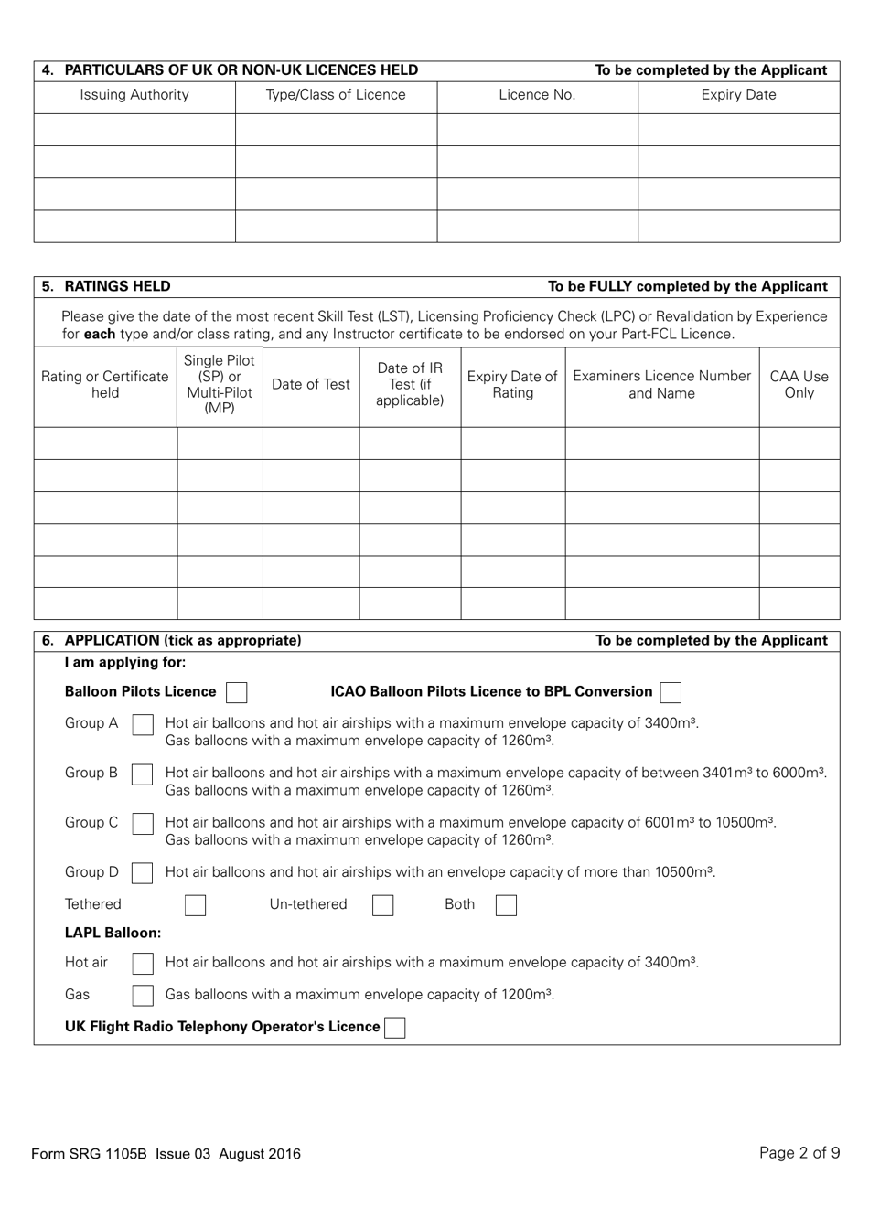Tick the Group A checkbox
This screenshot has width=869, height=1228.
[143, 725]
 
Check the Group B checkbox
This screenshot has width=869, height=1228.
[143, 774]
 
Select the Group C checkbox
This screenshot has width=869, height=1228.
[143, 824]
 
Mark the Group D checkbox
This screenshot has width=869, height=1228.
[143, 873]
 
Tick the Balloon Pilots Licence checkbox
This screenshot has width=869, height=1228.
[237, 693]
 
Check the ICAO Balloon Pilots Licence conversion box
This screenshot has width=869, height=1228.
[671, 693]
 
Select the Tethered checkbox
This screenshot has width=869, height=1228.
[195, 906]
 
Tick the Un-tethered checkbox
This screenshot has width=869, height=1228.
[383, 906]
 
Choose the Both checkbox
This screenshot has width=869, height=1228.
[506, 906]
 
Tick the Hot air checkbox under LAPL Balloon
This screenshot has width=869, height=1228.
[143, 964]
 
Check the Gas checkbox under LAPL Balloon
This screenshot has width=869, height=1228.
[143, 996]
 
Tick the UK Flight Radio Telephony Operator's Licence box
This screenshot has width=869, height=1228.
[395, 1028]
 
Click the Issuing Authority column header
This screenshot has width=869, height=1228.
[134, 95]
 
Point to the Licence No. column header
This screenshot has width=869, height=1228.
[537, 95]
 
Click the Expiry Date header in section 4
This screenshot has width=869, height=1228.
[738, 95]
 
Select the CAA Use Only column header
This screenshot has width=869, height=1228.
[799, 385]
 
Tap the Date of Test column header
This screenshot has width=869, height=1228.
[311, 385]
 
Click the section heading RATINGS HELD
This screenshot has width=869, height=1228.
[117, 286]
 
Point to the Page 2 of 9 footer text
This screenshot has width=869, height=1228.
[799, 1153]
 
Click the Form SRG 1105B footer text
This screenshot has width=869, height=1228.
[166, 1154]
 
